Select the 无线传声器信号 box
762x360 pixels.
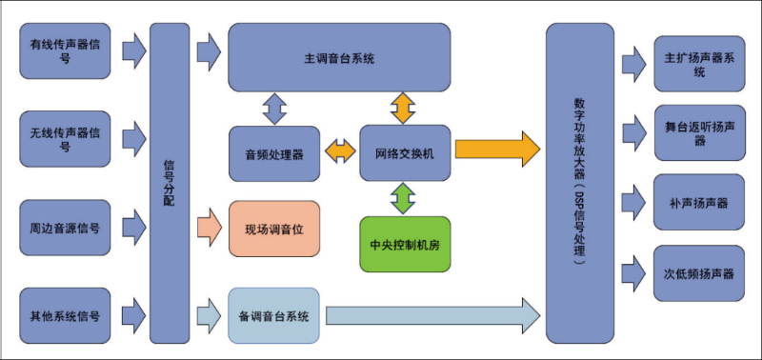pyautogui.click(x=65, y=139)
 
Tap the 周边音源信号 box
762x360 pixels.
pyautogui.click(x=65, y=228)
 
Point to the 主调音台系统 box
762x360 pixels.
pyautogui.click(x=339, y=57)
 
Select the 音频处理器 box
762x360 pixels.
pyautogui.click(x=274, y=152)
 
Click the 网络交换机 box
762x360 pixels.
pyautogui.click(x=404, y=152)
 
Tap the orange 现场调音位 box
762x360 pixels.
pyautogui.click(x=274, y=229)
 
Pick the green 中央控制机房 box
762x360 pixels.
pyautogui.click(x=404, y=244)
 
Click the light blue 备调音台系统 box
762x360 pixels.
pyautogui.click(x=274, y=315)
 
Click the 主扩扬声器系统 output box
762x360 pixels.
pyautogui.click(x=699, y=63)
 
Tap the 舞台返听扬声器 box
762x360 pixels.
pyautogui.click(x=699, y=133)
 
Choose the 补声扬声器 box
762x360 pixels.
pyautogui.click(x=699, y=203)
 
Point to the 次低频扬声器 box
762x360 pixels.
pyautogui.click(x=699, y=273)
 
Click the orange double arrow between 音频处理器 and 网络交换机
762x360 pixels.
pyautogui.click(x=339, y=150)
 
